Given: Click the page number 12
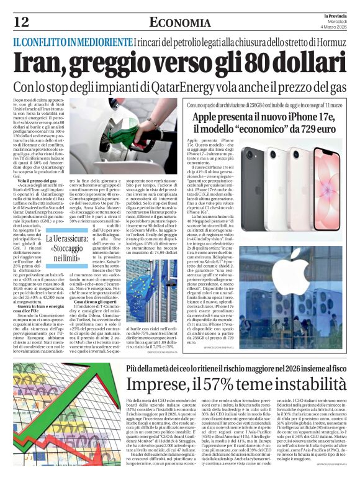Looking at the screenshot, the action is pyautogui.click(x=20, y=22).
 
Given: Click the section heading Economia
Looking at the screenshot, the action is pyautogui.click(x=180, y=22).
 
